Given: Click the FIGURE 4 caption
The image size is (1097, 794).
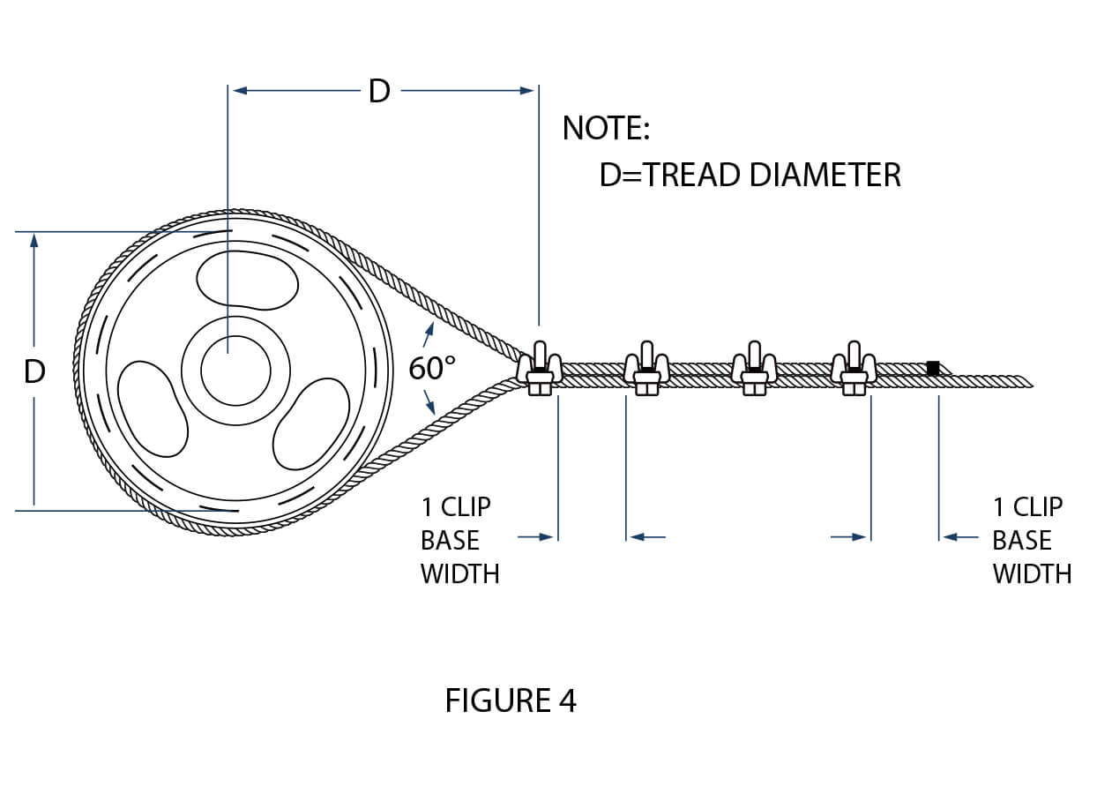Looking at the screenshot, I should pyautogui.click(x=511, y=700).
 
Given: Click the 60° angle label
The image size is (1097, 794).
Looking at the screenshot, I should pyautogui.click(x=431, y=369).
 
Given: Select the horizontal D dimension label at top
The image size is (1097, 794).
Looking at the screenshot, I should pyautogui.click(x=379, y=90).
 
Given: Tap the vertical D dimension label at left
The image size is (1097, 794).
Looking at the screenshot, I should pyautogui.click(x=34, y=372).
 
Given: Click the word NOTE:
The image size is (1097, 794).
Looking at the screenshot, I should pyautogui.click(x=606, y=129).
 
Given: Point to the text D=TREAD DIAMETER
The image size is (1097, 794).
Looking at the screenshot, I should pyautogui.click(x=750, y=175).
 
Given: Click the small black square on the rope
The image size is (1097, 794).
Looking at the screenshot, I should pyautogui.click(x=932, y=368).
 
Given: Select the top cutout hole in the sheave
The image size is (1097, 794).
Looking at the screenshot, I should pyautogui.click(x=245, y=281).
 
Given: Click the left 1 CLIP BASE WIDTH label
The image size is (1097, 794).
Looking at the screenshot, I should pyautogui.click(x=459, y=540).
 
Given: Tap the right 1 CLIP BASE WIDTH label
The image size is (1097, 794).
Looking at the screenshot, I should pyautogui.click(x=1031, y=540).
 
